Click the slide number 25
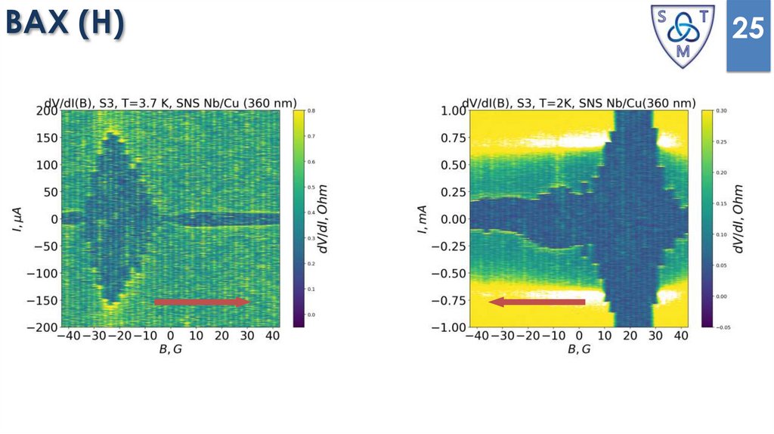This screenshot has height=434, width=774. tap(747, 29)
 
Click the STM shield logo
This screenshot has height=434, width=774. tap(683, 35)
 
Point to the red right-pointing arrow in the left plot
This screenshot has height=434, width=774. tap(201, 302)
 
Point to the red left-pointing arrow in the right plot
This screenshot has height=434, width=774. tap(537, 302)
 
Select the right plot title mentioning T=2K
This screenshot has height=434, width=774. tap(579, 103)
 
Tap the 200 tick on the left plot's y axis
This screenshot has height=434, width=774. tap(47, 111)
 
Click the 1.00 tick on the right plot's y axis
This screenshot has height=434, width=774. tap(453, 111)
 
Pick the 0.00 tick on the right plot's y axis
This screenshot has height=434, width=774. tap(453, 219)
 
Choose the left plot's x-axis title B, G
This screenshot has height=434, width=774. tap(170, 349)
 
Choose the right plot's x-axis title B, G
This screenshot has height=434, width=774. tap(579, 349)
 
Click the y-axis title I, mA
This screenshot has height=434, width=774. tap(425, 219)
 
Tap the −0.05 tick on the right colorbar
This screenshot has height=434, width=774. tap(725, 327)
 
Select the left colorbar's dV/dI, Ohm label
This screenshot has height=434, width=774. tap(330, 219)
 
